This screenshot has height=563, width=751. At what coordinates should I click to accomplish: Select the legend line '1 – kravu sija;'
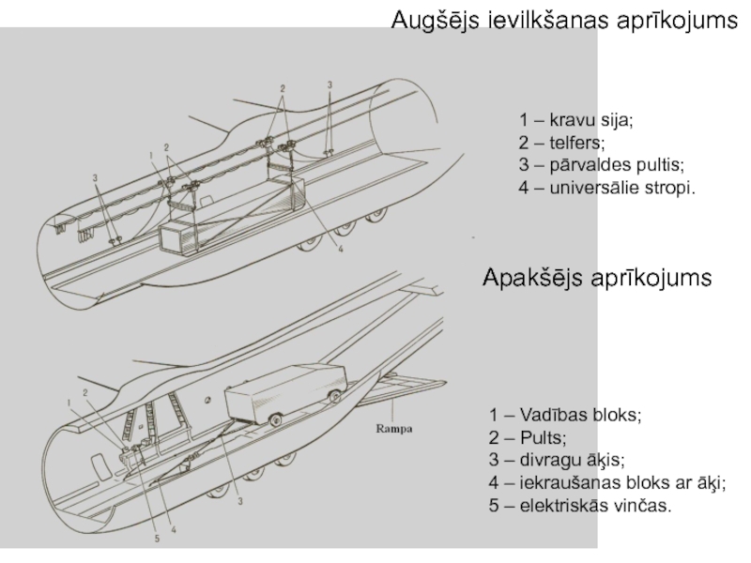[576, 121]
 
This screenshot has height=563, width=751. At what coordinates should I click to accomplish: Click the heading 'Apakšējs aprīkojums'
[597, 278]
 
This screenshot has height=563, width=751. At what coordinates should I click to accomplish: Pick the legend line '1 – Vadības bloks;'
[565, 416]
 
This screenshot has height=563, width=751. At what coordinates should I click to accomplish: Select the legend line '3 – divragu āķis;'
[557, 461]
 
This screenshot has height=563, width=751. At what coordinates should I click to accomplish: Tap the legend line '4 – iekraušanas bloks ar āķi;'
[607, 483]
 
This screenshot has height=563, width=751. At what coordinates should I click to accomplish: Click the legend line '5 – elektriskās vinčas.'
[580, 506]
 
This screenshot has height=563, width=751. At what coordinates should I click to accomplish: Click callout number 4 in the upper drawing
[341, 250]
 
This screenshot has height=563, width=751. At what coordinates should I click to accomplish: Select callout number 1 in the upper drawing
[150, 155]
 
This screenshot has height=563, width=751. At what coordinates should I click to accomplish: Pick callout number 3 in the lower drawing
[240, 502]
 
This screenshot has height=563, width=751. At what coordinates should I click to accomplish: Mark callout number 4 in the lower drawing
[174, 529]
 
